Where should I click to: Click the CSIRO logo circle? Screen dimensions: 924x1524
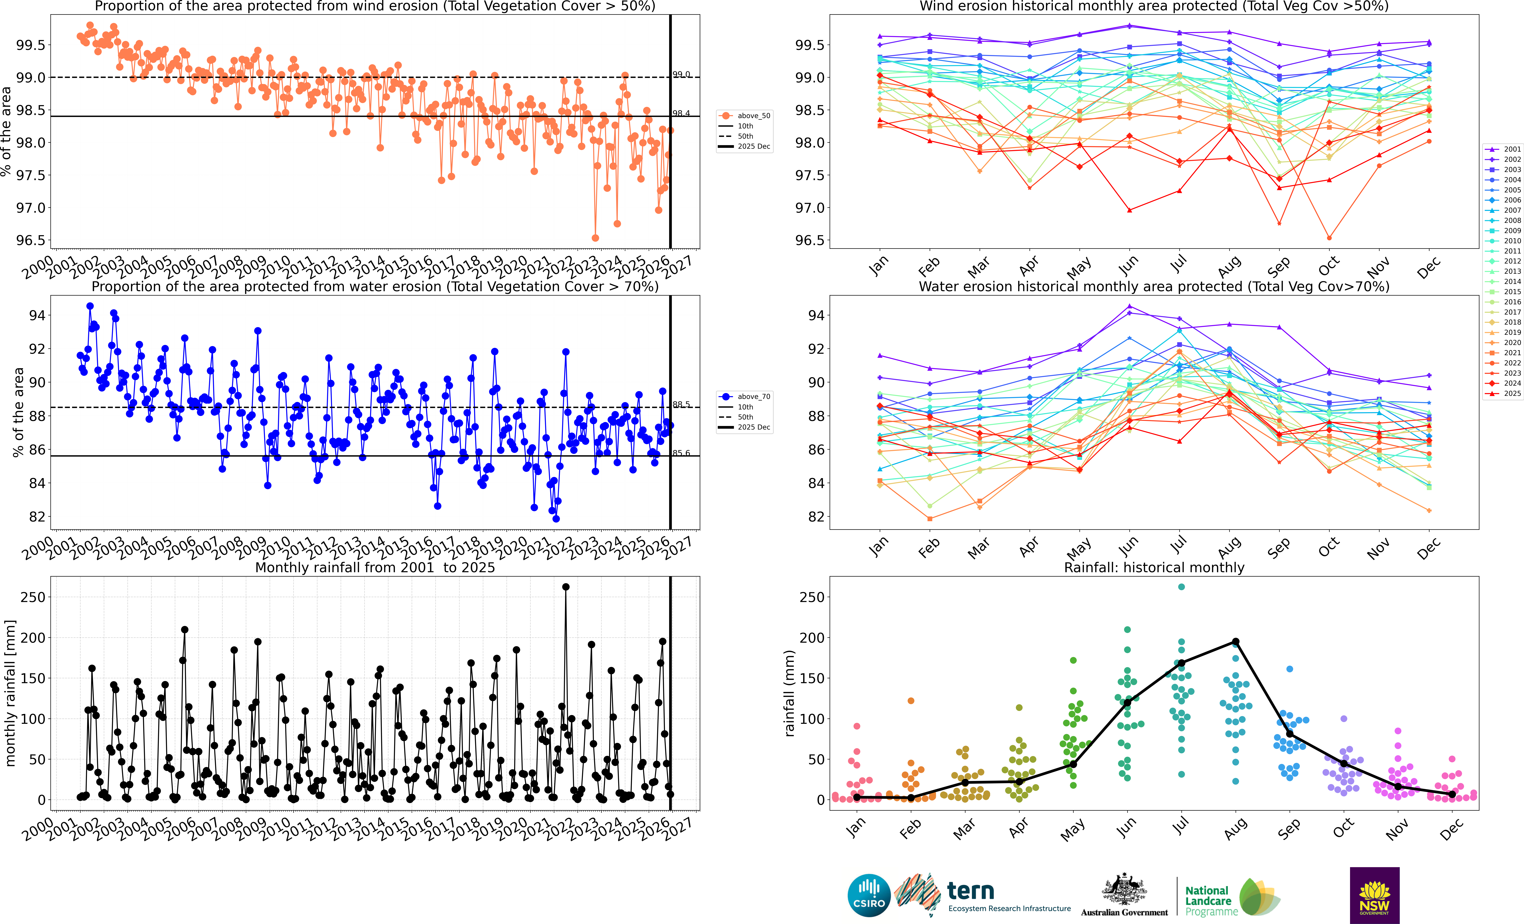869,895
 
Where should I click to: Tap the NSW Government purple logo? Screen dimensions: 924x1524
1374,895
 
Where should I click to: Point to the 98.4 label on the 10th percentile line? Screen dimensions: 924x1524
681,113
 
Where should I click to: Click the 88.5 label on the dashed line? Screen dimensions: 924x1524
681,404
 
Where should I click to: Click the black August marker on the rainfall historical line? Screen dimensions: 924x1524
1235,642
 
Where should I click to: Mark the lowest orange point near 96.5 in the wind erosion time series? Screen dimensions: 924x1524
595,238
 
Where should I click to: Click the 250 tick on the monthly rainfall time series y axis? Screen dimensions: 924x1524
33,597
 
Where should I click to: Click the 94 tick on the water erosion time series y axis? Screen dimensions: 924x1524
37,315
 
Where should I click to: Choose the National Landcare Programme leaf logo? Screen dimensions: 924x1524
1259,897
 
